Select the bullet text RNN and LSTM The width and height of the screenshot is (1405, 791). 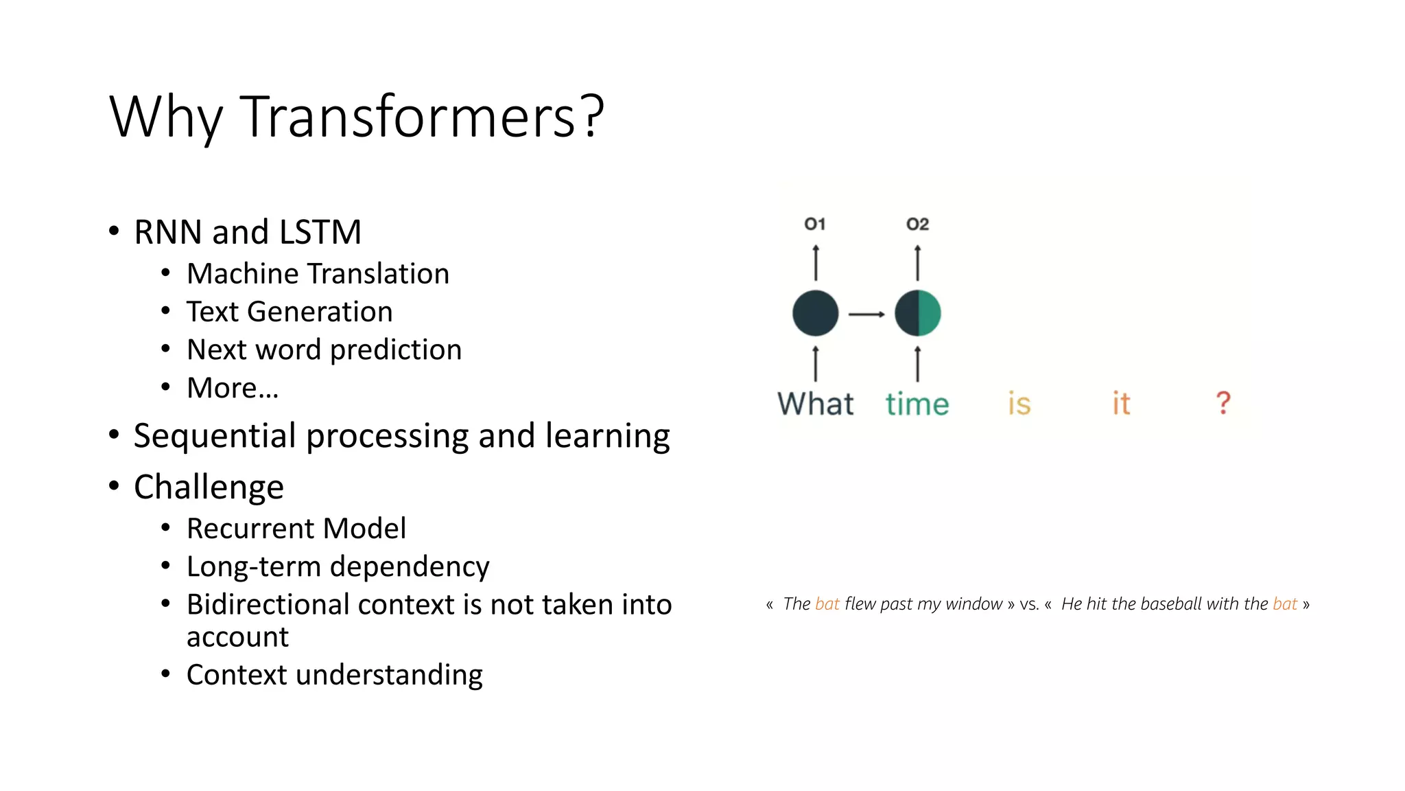247,232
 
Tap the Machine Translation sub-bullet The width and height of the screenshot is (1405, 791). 318,274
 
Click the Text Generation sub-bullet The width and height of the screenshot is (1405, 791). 290,312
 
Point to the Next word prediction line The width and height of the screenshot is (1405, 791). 324,350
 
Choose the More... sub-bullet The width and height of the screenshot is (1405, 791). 233,388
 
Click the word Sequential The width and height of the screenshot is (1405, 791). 215,436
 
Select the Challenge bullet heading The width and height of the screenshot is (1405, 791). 209,488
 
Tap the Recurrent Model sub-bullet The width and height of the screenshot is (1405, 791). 296,529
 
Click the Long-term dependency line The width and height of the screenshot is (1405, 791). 338,567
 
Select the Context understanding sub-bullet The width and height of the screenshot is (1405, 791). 334,675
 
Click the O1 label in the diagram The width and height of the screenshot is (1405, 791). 815,225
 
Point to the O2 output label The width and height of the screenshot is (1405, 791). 917,225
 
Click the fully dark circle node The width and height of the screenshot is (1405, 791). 815,313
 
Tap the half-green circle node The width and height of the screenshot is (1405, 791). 918,313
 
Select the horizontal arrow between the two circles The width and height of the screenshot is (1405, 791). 866,314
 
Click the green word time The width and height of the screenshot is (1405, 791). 917,404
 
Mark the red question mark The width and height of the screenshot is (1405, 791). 1223,403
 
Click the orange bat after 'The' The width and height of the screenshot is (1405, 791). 827,604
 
